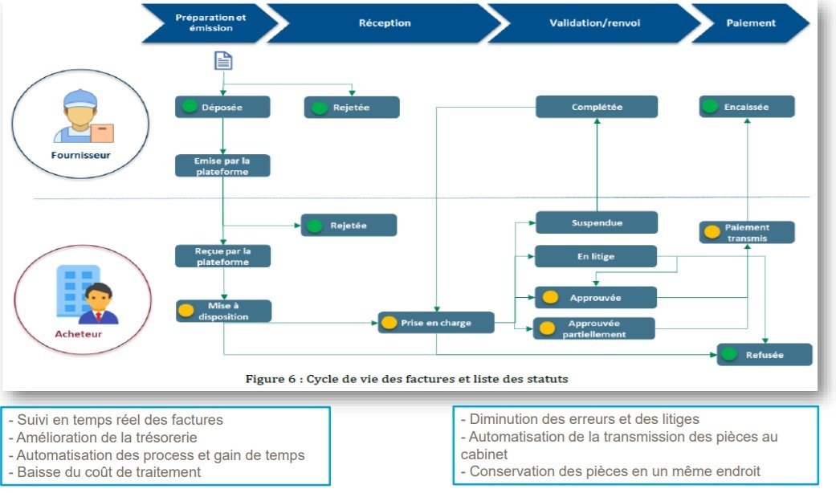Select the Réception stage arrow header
click(384, 23)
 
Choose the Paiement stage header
click(750, 23)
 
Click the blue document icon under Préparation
click(222, 61)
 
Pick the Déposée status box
click(222, 107)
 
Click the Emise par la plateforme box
click(222, 165)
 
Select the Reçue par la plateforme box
click(222, 256)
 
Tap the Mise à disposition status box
click(222, 311)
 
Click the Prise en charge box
click(435, 323)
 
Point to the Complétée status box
click(596, 107)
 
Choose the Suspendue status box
click(596, 222)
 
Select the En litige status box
click(596, 256)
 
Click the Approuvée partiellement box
click(594, 328)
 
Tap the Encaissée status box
click(747, 107)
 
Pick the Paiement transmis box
click(746, 232)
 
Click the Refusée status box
click(764, 354)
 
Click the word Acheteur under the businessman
click(79, 334)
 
